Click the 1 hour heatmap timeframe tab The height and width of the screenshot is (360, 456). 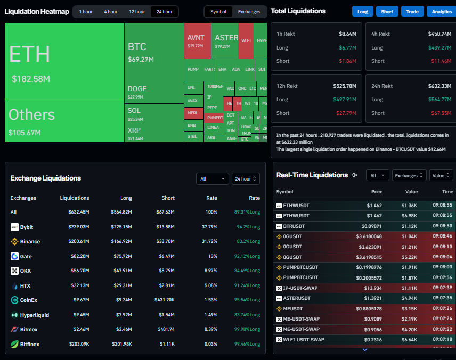(85, 12)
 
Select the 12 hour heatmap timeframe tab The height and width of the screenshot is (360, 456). (136, 12)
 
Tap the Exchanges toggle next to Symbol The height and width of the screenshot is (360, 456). (249, 12)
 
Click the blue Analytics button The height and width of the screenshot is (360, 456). (442, 12)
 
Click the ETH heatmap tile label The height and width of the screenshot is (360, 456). (30, 54)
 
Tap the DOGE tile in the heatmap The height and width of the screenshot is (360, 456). (137, 89)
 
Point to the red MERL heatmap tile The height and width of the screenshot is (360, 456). (192, 113)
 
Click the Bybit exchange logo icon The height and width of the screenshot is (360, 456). (14, 227)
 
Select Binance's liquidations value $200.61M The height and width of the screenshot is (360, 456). (79, 242)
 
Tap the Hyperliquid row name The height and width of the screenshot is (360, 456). (35, 315)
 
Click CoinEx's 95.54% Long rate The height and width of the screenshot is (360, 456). (247, 300)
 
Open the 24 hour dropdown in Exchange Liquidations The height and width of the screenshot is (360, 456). (246, 179)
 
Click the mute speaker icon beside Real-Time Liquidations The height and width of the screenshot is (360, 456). (355, 175)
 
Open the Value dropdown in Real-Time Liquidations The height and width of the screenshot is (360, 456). (441, 175)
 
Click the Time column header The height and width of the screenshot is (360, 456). (447, 192)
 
